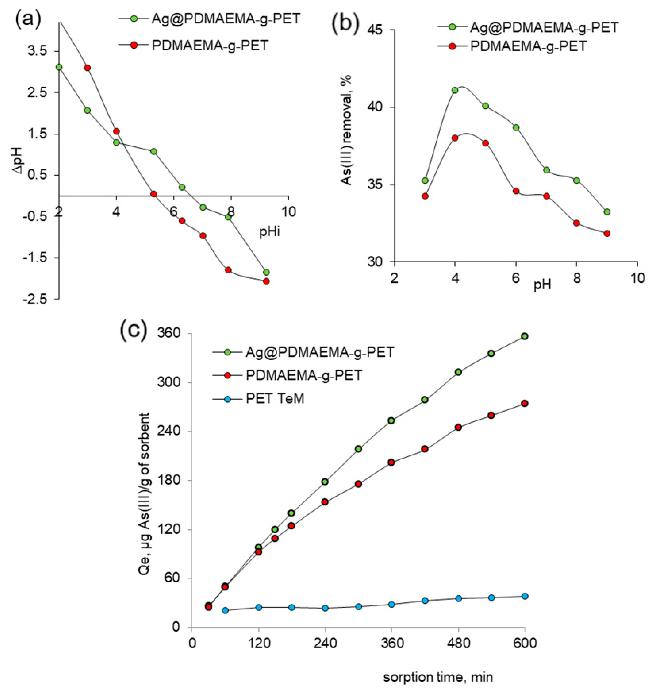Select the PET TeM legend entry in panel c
point(274,398)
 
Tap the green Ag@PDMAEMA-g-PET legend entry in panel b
point(544,27)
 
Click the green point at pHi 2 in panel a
point(59,67)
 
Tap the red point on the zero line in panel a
point(153,194)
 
